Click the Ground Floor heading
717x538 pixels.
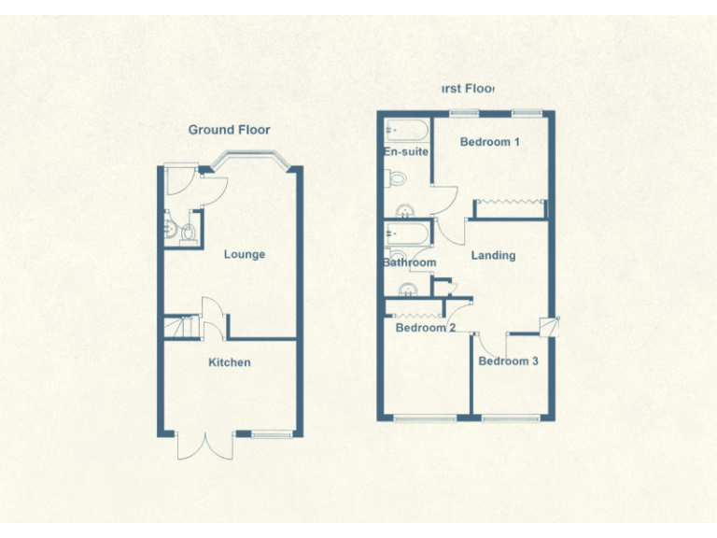tap(229, 130)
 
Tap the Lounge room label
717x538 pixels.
tap(244, 254)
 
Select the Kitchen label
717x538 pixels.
tap(229, 362)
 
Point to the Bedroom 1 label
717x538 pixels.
tap(490, 142)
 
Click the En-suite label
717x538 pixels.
tap(405, 151)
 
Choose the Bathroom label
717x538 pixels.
tap(409, 262)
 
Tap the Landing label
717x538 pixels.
tap(493, 255)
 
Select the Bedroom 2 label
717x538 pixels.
tap(425, 328)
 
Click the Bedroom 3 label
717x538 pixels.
tap(508, 361)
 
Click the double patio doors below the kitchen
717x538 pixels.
tap(199, 446)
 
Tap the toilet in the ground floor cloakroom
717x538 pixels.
tap(189, 231)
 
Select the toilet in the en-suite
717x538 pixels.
tap(396, 178)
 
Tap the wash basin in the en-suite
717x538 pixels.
tap(405, 209)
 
